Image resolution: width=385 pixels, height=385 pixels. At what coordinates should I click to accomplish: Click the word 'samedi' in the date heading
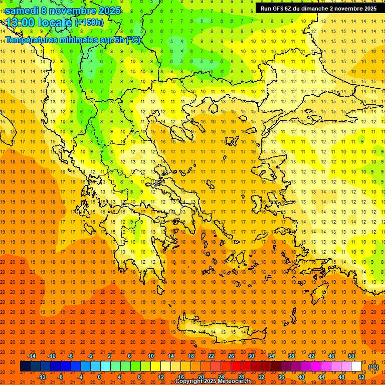click(22, 11)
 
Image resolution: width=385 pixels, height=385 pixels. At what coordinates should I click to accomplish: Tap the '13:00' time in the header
click(20, 23)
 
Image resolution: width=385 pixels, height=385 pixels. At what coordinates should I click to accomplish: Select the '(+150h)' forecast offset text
click(89, 23)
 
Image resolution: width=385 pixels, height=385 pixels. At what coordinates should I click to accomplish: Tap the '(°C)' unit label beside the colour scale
click(373, 367)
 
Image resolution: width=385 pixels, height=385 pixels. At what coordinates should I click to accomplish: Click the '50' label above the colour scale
click(351, 356)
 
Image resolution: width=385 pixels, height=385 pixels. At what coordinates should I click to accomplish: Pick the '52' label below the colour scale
click(361, 377)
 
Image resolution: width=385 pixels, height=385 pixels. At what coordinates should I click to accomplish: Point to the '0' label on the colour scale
click(100, 377)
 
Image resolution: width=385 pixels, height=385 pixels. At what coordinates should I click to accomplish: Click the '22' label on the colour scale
click(211, 356)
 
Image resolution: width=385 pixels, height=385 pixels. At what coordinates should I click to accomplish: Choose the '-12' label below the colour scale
click(42, 377)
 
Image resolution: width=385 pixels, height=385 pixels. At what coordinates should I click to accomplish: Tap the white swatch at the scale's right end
click(356, 366)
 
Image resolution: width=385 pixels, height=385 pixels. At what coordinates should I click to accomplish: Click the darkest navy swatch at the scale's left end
click(25, 366)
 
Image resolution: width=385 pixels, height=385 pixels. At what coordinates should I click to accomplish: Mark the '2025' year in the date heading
click(109, 11)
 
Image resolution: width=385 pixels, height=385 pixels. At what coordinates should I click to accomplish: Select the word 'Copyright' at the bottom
click(189, 381)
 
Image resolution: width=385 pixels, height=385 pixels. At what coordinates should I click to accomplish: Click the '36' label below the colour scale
click(281, 377)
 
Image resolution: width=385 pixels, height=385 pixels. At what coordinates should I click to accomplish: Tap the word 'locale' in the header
click(57, 23)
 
